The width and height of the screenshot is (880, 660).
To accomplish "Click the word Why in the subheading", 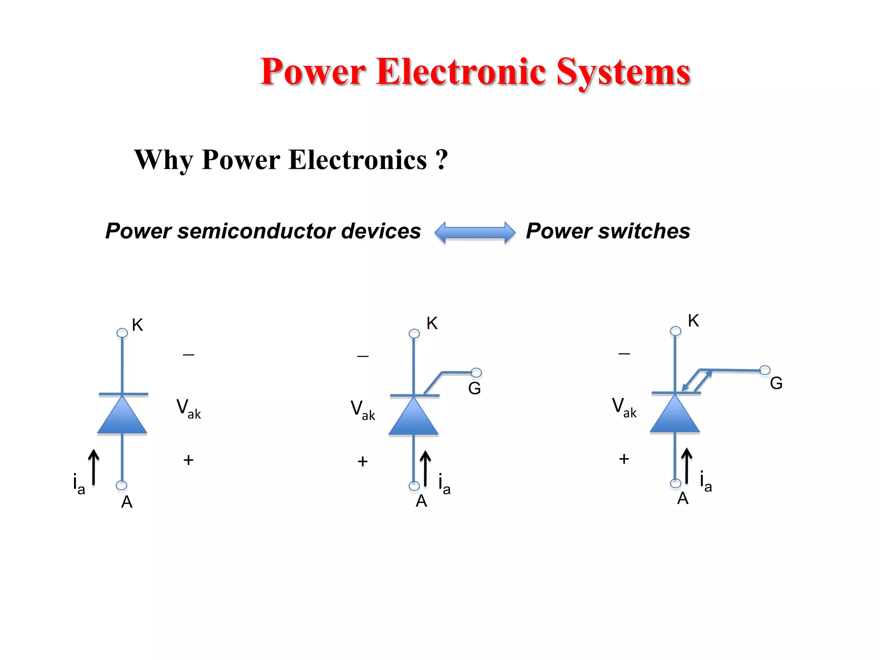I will [163, 160].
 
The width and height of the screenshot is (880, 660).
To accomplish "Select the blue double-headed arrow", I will [475, 232].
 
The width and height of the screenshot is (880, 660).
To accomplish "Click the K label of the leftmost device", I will [137, 325].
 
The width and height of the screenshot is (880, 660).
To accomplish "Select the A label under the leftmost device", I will [127, 502].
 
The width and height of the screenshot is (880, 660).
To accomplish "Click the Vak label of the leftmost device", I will [188, 408].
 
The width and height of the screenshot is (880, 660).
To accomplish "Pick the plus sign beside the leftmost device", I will [188, 460].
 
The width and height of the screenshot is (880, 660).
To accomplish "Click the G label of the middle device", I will [474, 388].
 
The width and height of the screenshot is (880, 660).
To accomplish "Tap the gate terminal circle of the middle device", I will [476, 373].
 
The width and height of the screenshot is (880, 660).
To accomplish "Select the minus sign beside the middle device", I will [363, 356].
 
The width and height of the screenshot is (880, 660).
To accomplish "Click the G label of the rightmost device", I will [776, 383].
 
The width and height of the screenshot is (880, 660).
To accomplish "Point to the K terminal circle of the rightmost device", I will [675, 331].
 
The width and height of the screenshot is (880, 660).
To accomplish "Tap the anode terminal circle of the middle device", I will [414, 486].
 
